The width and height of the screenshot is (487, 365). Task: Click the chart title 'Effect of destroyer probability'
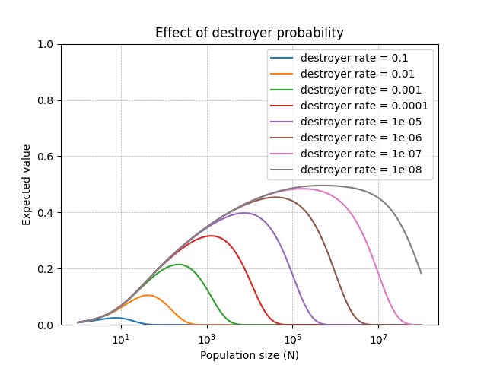(x=249, y=33)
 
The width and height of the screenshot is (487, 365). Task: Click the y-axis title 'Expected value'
(x=27, y=185)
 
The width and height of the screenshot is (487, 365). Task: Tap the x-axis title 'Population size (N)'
(x=249, y=354)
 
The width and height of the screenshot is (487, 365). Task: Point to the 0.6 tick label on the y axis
(x=46, y=157)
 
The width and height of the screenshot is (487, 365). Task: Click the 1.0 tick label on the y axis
(x=46, y=44)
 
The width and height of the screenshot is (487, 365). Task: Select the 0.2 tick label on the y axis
(x=46, y=269)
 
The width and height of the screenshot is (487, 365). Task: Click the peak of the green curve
(x=178, y=265)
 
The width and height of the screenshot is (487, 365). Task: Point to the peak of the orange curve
(x=148, y=295)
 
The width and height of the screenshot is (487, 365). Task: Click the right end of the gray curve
(x=421, y=273)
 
